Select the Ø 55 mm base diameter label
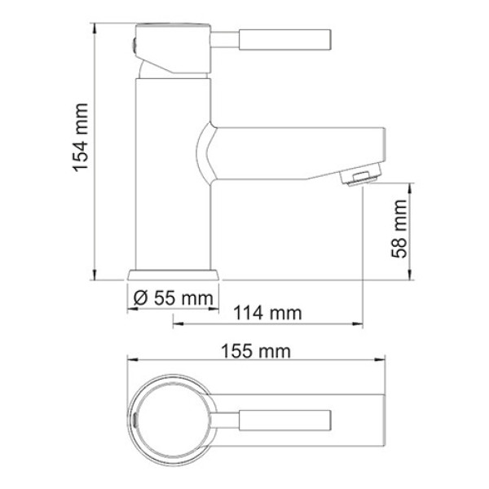click(x=172, y=299)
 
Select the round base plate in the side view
click(x=172, y=275)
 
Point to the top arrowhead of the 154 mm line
click(x=94, y=26)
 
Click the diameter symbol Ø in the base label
click(x=138, y=299)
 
